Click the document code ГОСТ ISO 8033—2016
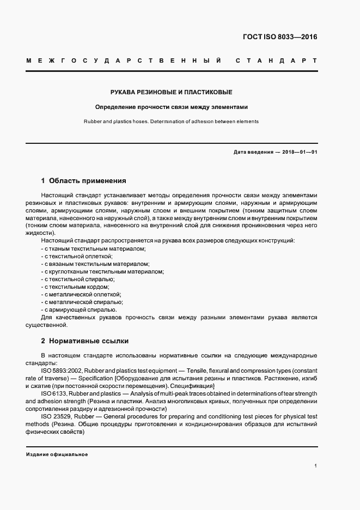(279, 38)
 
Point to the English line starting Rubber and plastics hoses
(172, 121)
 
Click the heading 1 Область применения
(84, 180)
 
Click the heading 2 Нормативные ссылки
(85, 341)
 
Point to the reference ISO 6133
(53, 393)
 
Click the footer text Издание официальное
(57, 454)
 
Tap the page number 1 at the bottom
(315, 466)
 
